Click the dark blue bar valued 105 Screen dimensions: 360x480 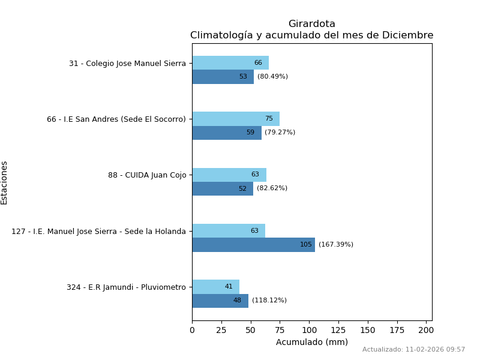253,245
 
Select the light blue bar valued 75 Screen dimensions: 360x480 236,119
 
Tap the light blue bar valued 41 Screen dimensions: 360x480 215,287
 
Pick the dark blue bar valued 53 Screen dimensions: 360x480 223,77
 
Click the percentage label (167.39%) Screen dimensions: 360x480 336,245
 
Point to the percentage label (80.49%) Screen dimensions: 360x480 272,77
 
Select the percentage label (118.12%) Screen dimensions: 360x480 269,301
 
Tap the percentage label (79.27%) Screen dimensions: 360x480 280,133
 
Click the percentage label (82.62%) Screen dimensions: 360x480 272,188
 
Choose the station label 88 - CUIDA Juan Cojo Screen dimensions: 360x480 147,175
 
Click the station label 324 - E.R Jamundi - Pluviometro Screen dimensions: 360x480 126,287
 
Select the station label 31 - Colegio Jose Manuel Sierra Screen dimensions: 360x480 127,64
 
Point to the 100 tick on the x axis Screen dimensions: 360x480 309,330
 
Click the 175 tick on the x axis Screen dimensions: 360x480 397,330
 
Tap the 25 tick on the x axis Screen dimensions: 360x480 221,330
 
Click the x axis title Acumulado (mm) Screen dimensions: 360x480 311,343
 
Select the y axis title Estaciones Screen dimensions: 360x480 4,182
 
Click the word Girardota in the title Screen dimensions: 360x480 311,24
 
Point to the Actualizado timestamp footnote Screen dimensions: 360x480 413,350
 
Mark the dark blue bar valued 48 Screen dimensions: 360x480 220,301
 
